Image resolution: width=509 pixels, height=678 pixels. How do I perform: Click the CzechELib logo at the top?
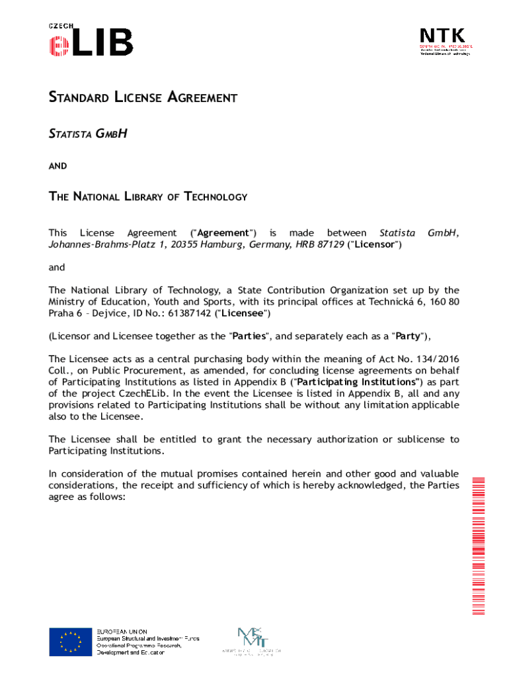click(x=91, y=39)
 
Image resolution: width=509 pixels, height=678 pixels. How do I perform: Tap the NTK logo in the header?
click(x=445, y=42)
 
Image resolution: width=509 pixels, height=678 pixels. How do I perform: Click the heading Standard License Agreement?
click(x=143, y=98)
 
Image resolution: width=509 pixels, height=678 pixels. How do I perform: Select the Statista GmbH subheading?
click(x=87, y=134)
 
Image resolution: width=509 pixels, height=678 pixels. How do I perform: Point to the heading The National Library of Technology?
click(x=148, y=197)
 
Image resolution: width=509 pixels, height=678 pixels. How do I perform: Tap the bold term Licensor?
click(x=376, y=244)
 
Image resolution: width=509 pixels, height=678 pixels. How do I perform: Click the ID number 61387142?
click(x=186, y=313)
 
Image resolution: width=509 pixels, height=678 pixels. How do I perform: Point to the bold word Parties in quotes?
click(x=250, y=336)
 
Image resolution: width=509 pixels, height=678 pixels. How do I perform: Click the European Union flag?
click(x=70, y=642)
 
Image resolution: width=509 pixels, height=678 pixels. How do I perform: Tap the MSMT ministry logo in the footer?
click(x=252, y=640)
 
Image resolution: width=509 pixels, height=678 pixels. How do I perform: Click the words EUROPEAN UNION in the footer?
click(x=122, y=632)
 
